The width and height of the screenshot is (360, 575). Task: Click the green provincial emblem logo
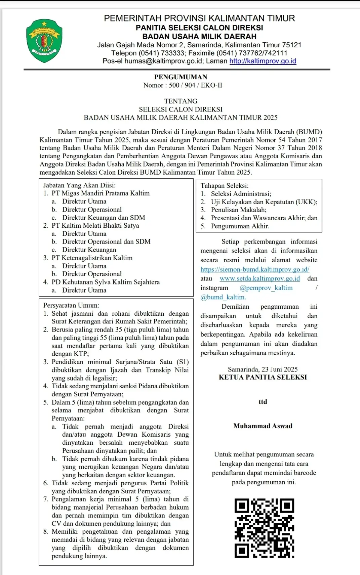coord(44,41)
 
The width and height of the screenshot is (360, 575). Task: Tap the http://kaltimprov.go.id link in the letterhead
coord(263,61)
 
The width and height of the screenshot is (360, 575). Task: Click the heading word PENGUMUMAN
coord(181,77)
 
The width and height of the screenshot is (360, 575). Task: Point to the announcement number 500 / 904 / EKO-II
coord(195,85)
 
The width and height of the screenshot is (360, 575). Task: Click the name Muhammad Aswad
coord(263,426)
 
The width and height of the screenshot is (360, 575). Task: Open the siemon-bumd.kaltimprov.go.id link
coord(255,269)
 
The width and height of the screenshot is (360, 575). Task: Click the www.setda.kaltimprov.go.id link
coord(259,278)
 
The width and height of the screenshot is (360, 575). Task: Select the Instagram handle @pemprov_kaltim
coord(266,288)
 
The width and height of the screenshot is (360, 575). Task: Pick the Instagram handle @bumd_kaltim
coord(223,297)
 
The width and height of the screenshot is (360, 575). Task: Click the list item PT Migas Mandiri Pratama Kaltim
coord(101,193)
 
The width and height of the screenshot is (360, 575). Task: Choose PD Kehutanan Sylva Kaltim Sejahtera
coord(106,282)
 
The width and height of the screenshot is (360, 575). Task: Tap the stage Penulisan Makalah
coord(239,210)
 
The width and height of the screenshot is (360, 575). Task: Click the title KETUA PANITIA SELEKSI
coord(263,377)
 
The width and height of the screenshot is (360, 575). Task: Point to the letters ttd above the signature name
coord(263,402)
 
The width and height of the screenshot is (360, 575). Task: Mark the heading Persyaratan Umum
coord(71,305)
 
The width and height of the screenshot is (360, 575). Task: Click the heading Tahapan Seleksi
coord(225,185)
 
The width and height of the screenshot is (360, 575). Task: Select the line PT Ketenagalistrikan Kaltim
coord(92,258)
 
